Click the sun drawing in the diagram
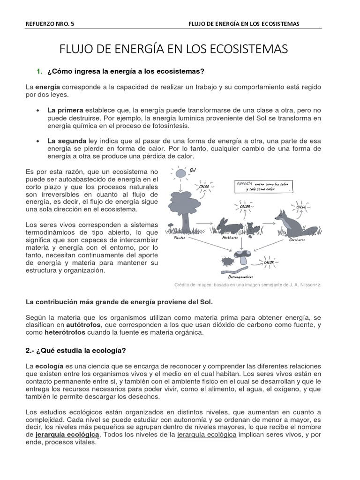point(180,173)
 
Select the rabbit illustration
point(229,226)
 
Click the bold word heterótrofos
point(65,332)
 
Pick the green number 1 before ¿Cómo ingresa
point(38,71)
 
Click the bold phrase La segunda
point(67,141)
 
